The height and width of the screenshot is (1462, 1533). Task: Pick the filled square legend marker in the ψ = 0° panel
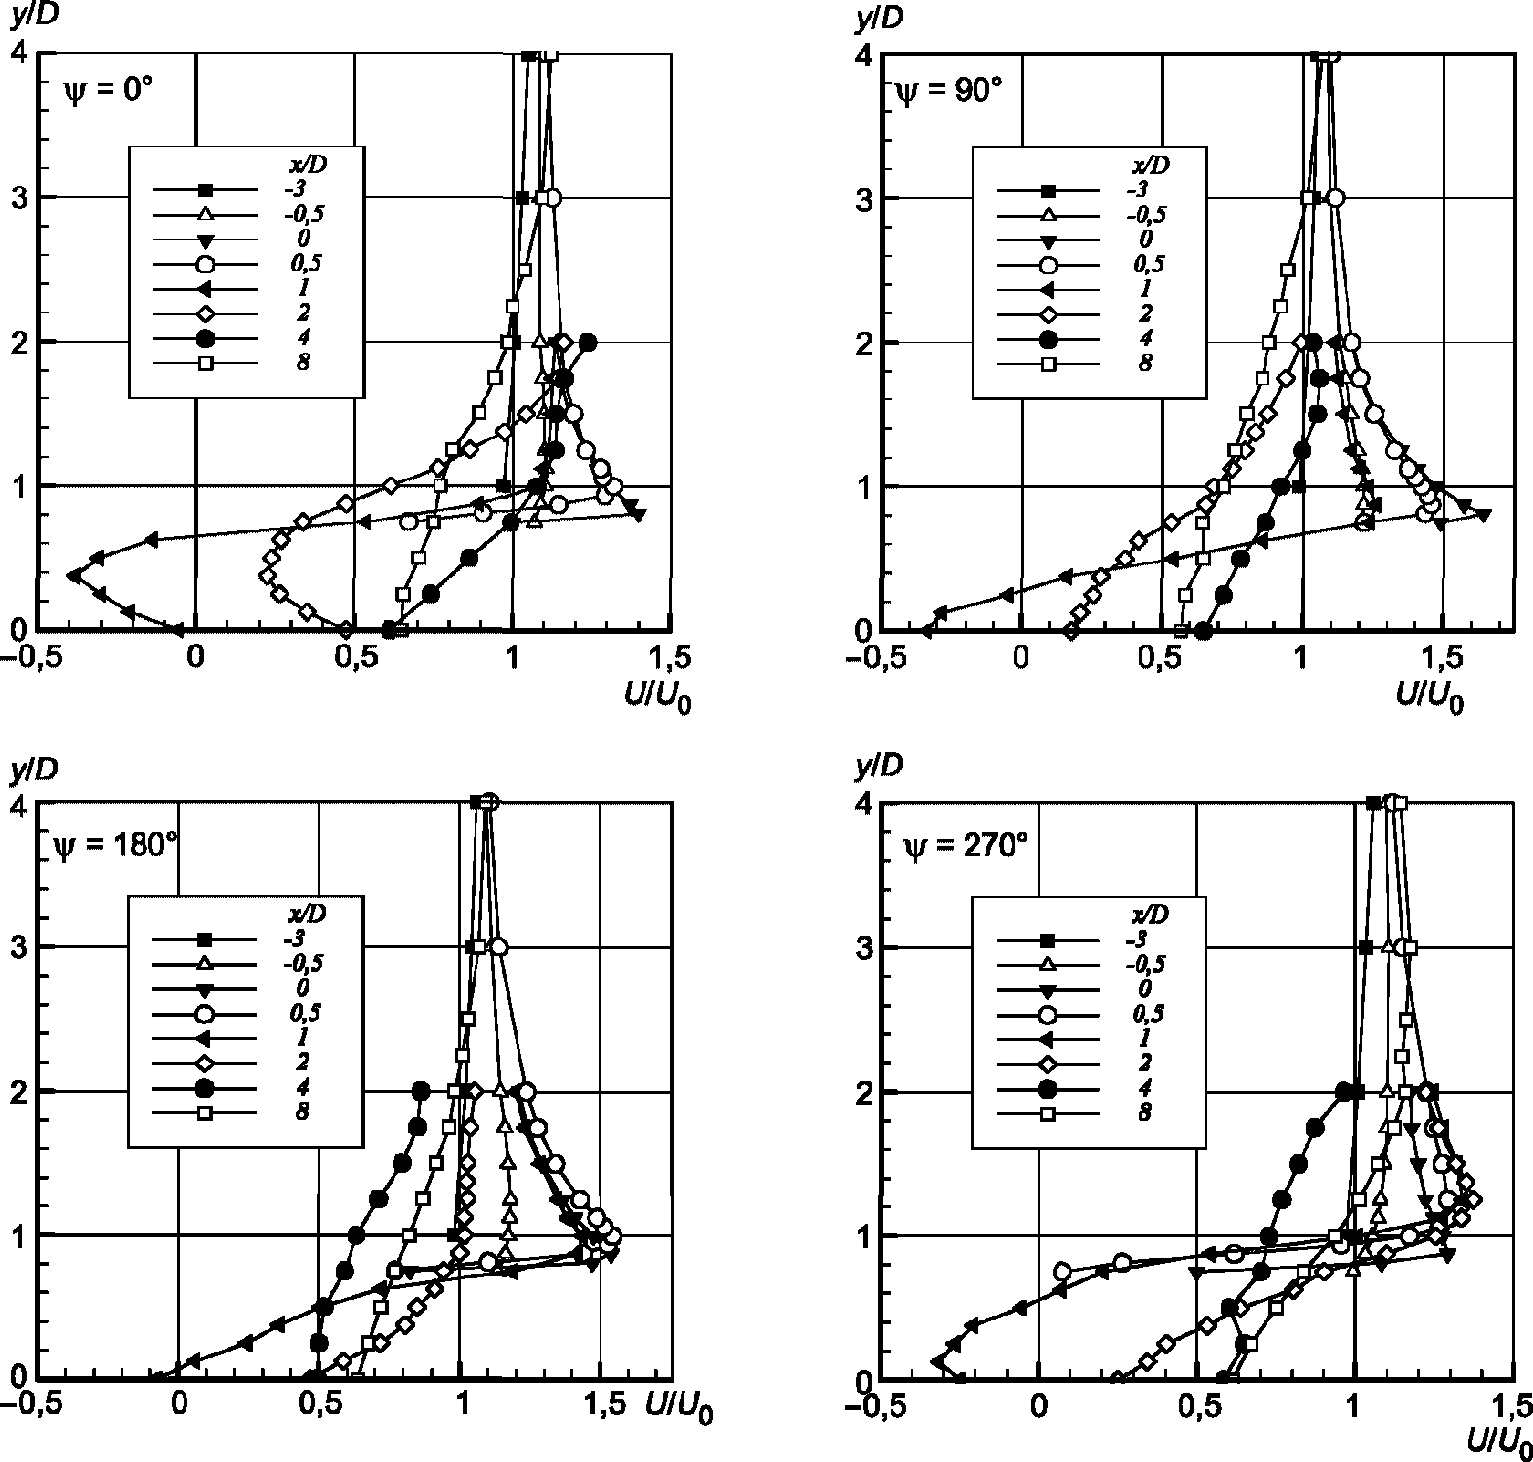pyautogui.click(x=205, y=189)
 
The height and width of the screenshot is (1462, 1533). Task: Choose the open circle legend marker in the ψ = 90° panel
pyautogui.click(x=1048, y=265)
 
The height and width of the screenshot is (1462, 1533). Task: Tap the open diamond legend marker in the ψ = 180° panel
pyautogui.click(x=205, y=1063)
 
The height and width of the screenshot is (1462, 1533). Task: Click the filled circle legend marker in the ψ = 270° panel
pyautogui.click(x=1048, y=1088)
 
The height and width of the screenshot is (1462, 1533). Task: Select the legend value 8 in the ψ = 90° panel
pyautogui.click(x=1145, y=363)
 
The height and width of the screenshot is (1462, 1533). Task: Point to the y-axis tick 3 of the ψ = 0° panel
pyautogui.click(x=17, y=197)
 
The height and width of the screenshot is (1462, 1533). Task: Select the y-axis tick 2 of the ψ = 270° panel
pyautogui.click(x=862, y=1091)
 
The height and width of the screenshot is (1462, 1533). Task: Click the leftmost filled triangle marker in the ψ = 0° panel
pyautogui.click(x=73, y=576)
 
